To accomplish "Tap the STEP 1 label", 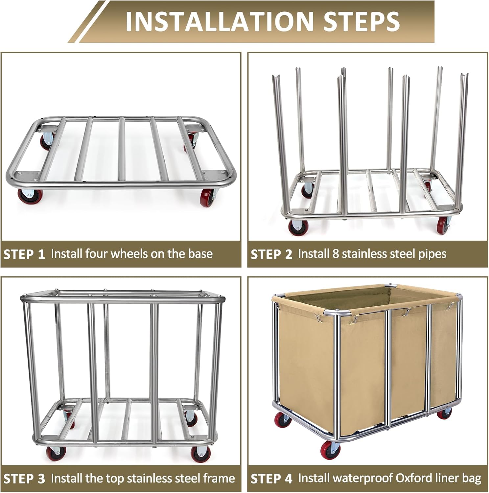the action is pyautogui.click(x=24, y=254).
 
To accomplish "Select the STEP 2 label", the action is pyautogui.click(x=271, y=254).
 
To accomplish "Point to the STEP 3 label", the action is pyautogui.click(x=24, y=479).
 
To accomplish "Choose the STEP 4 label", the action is pyautogui.click(x=271, y=479).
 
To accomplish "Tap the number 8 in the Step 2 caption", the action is pyautogui.click(x=335, y=254).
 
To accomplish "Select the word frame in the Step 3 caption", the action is pyautogui.click(x=218, y=478).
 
